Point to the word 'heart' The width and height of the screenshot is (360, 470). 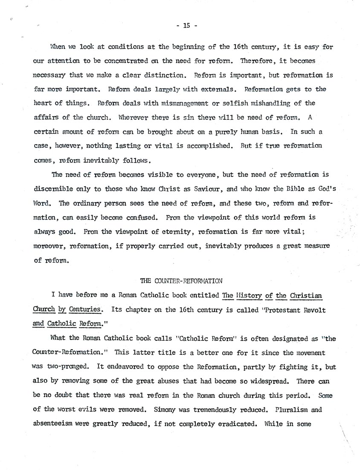click(42, 103)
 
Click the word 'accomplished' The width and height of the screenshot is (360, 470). click(203, 145)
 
